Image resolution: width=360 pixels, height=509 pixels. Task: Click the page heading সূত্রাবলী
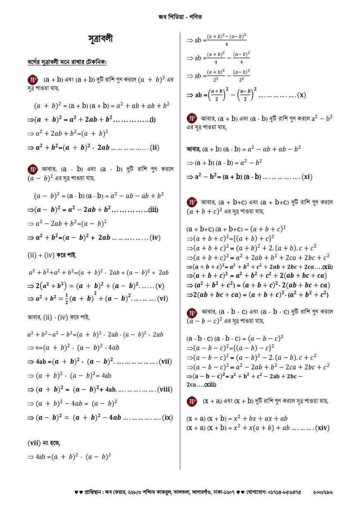coord(101,39)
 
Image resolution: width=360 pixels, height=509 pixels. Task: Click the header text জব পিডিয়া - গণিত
coord(180,17)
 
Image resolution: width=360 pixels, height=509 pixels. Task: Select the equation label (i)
coord(152,120)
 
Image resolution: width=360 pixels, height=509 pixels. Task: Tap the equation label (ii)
coord(154,147)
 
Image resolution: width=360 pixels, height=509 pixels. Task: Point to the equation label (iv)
coord(155,238)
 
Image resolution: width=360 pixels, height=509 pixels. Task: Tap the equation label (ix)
coord(167,418)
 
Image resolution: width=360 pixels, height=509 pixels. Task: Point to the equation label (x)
coord(302,95)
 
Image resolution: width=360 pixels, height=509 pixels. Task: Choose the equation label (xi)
coord(307,177)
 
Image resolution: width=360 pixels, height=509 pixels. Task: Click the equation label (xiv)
coord(322,428)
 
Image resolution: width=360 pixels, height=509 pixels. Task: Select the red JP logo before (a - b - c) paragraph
coord(192,312)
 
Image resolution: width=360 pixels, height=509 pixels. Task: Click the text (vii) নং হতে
coord(43,443)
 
